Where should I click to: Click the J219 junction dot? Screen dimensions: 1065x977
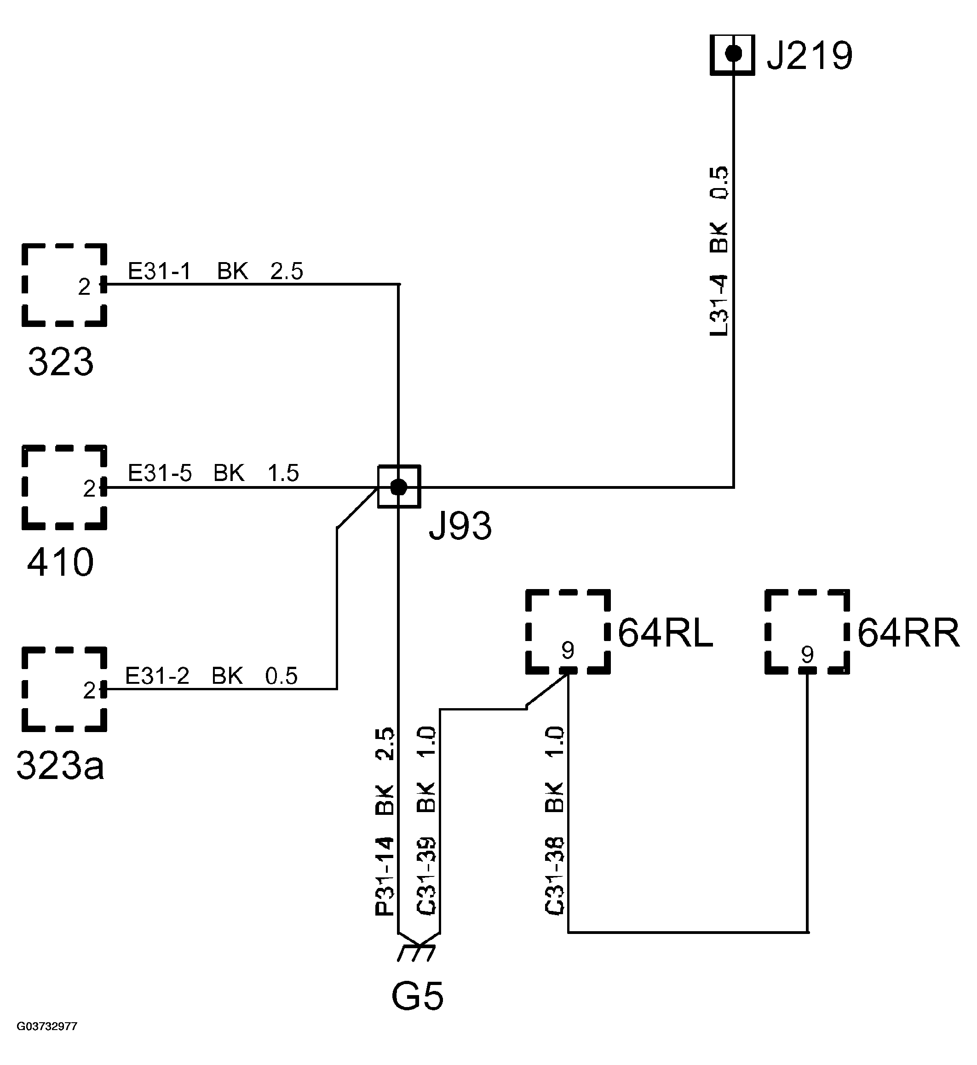pos(733,53)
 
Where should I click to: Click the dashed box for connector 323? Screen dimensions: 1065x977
pos(64,285)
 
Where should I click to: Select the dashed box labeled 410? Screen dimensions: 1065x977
pos(64,487)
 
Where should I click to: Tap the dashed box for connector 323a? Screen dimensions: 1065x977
pos(64,689)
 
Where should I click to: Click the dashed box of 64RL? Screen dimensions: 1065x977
pos(568,632)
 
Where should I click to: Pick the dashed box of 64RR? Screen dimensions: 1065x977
pos(807,632)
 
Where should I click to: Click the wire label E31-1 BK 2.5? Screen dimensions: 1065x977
pos(215,272)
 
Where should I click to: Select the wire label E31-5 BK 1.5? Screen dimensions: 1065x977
pos(213,473)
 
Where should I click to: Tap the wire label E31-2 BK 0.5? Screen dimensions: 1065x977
pos(211,676)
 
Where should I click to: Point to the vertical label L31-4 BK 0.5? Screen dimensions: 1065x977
pos(719,251)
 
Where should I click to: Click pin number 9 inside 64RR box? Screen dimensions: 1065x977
pos(807,654)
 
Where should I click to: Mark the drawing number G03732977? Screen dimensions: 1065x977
pos(46,1026)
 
